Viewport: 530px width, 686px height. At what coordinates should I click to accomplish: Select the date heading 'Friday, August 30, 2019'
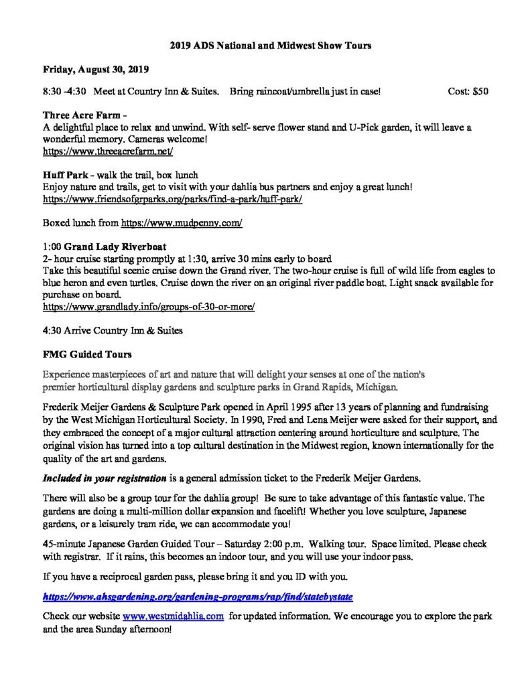click(x=96, y=69)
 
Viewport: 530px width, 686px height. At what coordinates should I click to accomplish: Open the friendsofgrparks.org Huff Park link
click(x=172, y=199)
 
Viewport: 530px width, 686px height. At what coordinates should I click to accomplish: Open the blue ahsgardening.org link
click(x=197, y=595)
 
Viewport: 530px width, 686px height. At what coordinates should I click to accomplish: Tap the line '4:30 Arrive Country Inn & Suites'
click(x=113, y=330)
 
